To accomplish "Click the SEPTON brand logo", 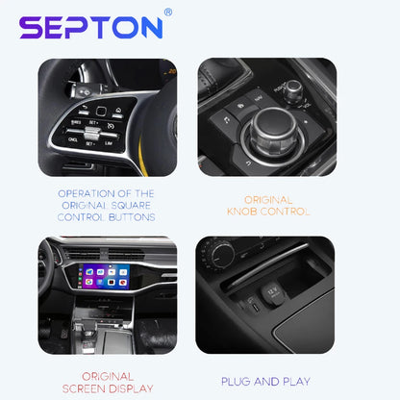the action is (91, 28).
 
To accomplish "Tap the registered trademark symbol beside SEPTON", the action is (168, 12).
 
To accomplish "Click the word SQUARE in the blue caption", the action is (131, 206).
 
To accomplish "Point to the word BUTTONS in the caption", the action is (132, 217).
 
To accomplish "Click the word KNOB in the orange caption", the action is (242, 212).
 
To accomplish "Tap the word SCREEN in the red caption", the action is (84, 388).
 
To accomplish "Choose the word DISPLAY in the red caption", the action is (131, 388).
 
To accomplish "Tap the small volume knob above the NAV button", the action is (293, 90).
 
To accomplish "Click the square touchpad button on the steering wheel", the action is (101, 112).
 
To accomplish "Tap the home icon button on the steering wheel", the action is (118, 112).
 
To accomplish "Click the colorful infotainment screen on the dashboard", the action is (107, 276).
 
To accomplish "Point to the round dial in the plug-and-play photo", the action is (220, 256).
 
